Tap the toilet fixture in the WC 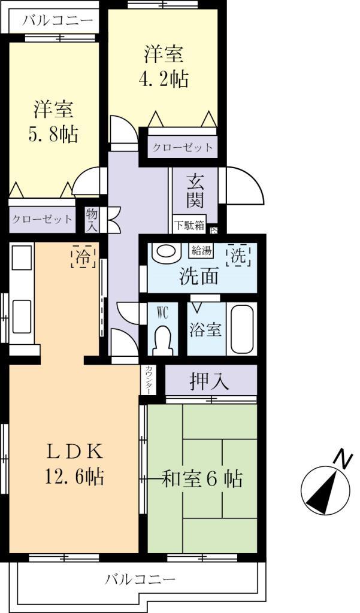click(163, 339)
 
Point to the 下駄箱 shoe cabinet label click(189, 226)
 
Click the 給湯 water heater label click(201, 250)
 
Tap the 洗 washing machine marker click(238, 257)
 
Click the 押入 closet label click(210, 381)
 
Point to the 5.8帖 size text click(53, 135)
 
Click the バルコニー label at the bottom click(140, 579)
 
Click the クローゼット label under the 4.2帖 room click(182, 147)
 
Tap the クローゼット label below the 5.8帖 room click(43, 219)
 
